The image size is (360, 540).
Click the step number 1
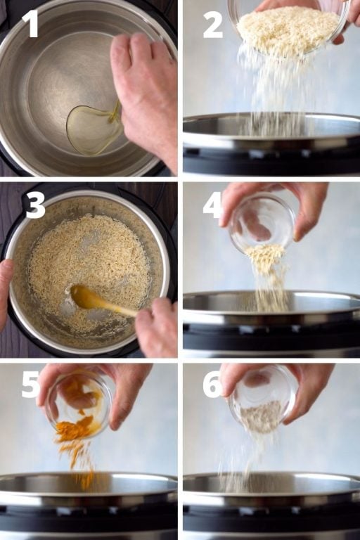point(30,23)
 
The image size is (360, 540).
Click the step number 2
point(212,25)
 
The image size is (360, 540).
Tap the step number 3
point(35,205)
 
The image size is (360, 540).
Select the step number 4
point(212,205)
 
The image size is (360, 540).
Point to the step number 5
point(30,385)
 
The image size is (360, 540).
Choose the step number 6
point(212,385)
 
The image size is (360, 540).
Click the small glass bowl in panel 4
point(262,224)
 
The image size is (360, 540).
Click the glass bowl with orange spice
point(79,404)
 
